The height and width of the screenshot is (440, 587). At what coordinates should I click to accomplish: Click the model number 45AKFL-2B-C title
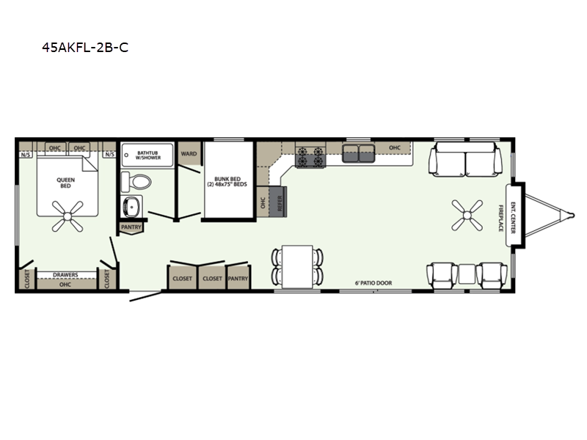[85, 48]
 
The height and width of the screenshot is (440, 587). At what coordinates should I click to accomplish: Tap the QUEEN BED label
[65, 183]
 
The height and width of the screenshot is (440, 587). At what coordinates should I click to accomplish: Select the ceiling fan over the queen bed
[68, 216]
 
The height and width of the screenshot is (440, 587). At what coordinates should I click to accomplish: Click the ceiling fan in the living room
[467, 215]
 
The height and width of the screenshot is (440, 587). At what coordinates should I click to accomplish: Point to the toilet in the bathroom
[136, 182]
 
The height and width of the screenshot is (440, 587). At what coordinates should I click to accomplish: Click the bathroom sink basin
[132, 206]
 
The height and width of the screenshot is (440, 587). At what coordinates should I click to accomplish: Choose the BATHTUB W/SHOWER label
[148, 155]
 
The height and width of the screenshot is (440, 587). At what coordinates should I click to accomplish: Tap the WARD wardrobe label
[189, 154]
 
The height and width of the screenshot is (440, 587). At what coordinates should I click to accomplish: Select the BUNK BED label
[227, 181]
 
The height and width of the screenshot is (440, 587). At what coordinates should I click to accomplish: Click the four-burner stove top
[310, 156]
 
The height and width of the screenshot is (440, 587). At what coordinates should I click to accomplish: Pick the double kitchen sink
[358, 153]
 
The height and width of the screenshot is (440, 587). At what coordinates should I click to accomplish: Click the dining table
[297, 267]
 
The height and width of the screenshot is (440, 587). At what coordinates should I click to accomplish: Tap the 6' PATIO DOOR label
[373, 283]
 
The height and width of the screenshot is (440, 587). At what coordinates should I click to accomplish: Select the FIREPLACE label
[500, 218]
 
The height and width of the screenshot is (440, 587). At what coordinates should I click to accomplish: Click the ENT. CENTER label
[513, 218]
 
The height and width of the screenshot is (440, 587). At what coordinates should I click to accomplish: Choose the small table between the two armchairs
[467, 274]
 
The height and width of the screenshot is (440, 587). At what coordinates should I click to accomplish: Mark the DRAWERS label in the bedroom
[65, 274]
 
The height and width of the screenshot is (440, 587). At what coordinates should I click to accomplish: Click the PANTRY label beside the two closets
[238, 279]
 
